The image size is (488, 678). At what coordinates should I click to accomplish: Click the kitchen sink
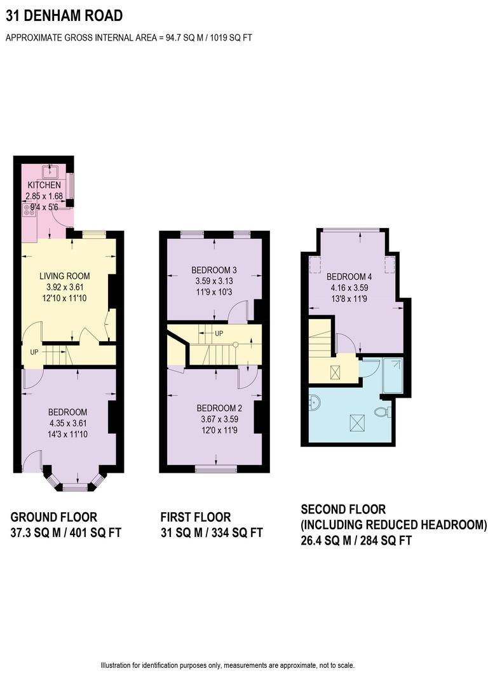50,171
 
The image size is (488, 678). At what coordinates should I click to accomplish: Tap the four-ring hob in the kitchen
29,209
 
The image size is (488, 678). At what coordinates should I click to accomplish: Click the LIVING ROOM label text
64,276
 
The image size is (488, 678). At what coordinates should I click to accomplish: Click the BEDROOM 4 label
349,277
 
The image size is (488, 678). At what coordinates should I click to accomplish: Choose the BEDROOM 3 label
214,270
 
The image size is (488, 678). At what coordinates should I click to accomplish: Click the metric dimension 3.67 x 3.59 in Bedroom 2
214,419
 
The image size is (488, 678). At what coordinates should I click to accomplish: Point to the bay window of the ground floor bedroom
74,485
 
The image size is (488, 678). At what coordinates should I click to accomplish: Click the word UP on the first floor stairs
219,334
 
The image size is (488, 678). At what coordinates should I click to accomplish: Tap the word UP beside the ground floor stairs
34,351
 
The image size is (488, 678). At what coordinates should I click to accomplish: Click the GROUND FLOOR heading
54,517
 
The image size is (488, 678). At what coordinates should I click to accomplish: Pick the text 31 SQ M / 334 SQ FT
211,532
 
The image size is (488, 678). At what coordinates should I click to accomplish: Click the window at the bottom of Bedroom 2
215,470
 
